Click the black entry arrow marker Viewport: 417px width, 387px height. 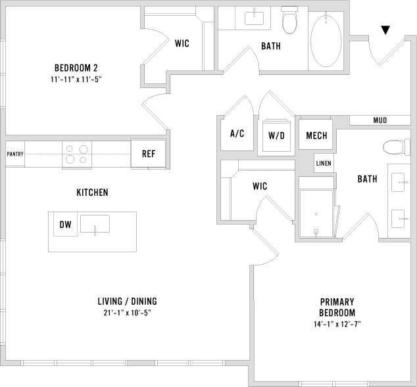click(385, 30)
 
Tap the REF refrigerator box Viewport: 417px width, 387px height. click(149, 154)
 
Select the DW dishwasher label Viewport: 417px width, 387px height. click(65, 225)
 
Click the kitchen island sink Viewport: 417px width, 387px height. click(95, 224)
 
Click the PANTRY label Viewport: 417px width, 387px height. click(15, 154)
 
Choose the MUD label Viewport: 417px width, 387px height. click(380, 120)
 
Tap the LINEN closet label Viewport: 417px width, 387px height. click(324, 164)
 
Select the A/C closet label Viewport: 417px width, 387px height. click(237, 133)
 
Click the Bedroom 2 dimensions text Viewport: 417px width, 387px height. click(81, 79)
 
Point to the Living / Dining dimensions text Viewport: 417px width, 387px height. click(126, 313)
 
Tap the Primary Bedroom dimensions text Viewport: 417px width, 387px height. click(337, 325)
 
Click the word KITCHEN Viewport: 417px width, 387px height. click(92, 193)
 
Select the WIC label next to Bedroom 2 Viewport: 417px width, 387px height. click(182, 43)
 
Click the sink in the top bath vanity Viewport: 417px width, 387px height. click(255, 18)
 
